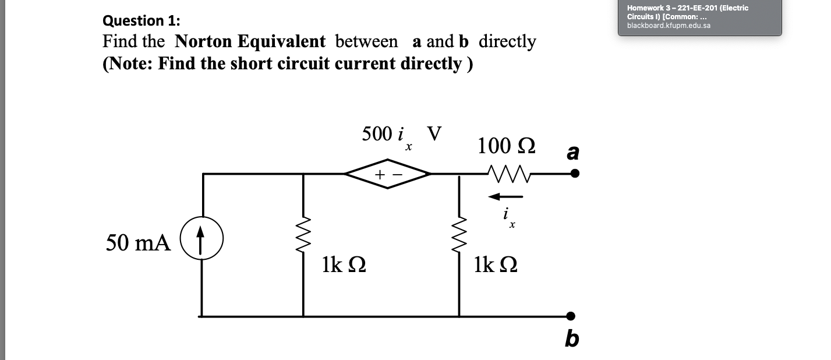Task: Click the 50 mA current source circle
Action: point(201,238)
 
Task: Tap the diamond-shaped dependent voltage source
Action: point(388,174)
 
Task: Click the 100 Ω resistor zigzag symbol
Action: point(506,173)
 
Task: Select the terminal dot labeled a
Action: point(575,174)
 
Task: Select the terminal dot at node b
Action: point(571,316)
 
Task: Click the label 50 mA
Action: point(138,243)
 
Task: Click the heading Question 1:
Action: point(141,20)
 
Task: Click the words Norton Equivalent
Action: point(250,41)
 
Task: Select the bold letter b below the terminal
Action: point(572,338)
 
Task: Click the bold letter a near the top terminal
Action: point(573,153)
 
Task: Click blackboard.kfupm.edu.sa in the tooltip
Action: point(669,26)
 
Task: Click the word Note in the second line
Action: point(130,63)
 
